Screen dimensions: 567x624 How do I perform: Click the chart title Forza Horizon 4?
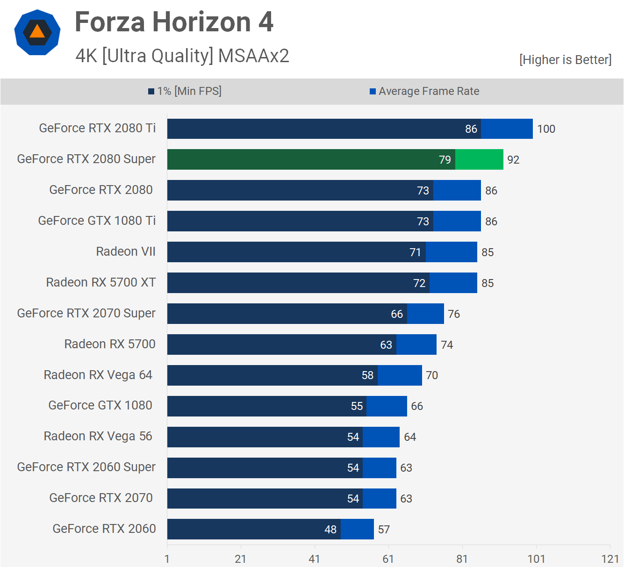point(174,22)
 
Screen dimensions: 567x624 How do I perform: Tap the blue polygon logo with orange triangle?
point(37,32)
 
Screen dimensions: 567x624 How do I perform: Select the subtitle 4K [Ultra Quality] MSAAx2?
point(182,56)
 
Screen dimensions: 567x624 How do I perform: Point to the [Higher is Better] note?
point(565,60)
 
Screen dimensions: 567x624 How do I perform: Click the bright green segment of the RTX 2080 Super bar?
point(479,159)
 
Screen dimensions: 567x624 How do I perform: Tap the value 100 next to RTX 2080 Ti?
point(546,129)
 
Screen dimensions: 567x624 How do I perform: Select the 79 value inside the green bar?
point(445,160)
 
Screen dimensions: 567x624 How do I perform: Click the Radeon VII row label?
point(126,251)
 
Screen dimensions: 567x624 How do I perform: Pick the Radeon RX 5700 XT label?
point(101,282)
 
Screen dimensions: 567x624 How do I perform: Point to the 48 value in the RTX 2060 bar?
point(330,530)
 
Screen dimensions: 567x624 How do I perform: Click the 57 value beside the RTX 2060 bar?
point(384,530)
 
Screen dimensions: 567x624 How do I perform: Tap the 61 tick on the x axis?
point(388,559)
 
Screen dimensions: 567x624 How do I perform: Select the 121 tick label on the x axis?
point(610,559)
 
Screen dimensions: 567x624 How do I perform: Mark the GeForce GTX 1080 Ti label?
point(97,221)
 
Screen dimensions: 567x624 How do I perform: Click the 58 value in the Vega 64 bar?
point(367,375)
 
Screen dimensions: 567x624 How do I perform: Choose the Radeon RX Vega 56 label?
point(98,436)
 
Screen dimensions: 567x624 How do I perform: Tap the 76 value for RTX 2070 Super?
point(454,314)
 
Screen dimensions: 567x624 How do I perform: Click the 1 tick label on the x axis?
point(167,559)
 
